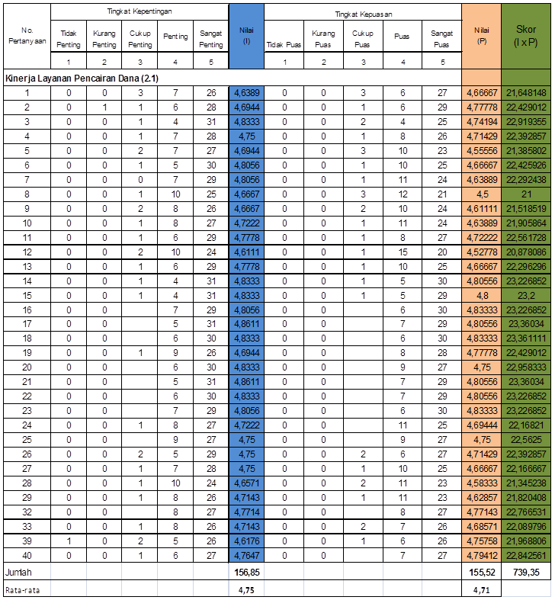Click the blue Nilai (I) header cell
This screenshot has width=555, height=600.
point(246,34)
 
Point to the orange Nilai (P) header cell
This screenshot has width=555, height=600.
point(481,34)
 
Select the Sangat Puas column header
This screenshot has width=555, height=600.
point(442,39)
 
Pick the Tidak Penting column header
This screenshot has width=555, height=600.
point(69,39)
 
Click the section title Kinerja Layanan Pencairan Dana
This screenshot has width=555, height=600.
point(87,78)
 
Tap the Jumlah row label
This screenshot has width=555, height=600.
point(20,571)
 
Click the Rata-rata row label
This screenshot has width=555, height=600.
point(22,590)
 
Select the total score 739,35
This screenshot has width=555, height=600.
point(527,571)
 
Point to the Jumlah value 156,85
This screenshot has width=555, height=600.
point(246,571)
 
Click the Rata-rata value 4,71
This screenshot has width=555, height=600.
point(481,590)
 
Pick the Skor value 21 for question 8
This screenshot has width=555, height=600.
point(527,194)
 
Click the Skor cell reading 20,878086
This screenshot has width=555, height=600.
point(527,252)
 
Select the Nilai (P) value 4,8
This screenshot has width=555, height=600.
point(481,294)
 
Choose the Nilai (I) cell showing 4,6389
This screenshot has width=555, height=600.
point(246,93)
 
